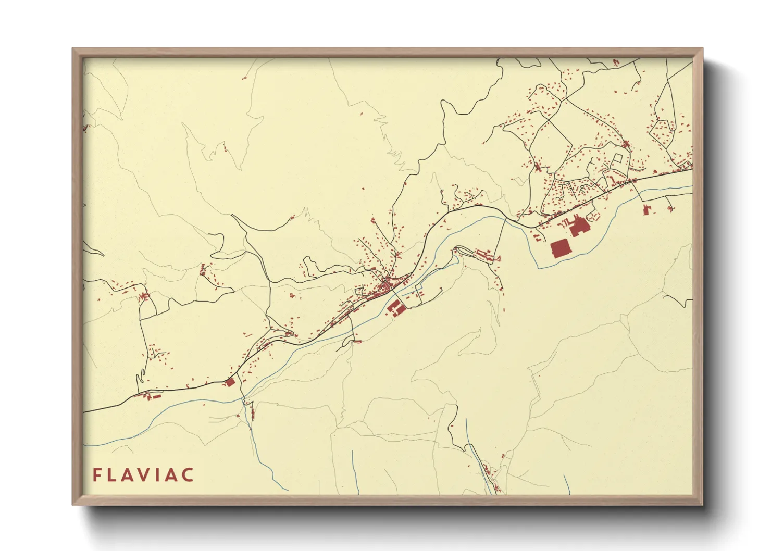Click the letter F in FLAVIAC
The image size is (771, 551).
click(x=97, y=475)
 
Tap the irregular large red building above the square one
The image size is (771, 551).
click(x=577, y=228)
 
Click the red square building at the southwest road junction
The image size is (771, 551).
click(x=230, y=383)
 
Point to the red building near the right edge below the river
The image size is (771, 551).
click(x=646, y=210)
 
